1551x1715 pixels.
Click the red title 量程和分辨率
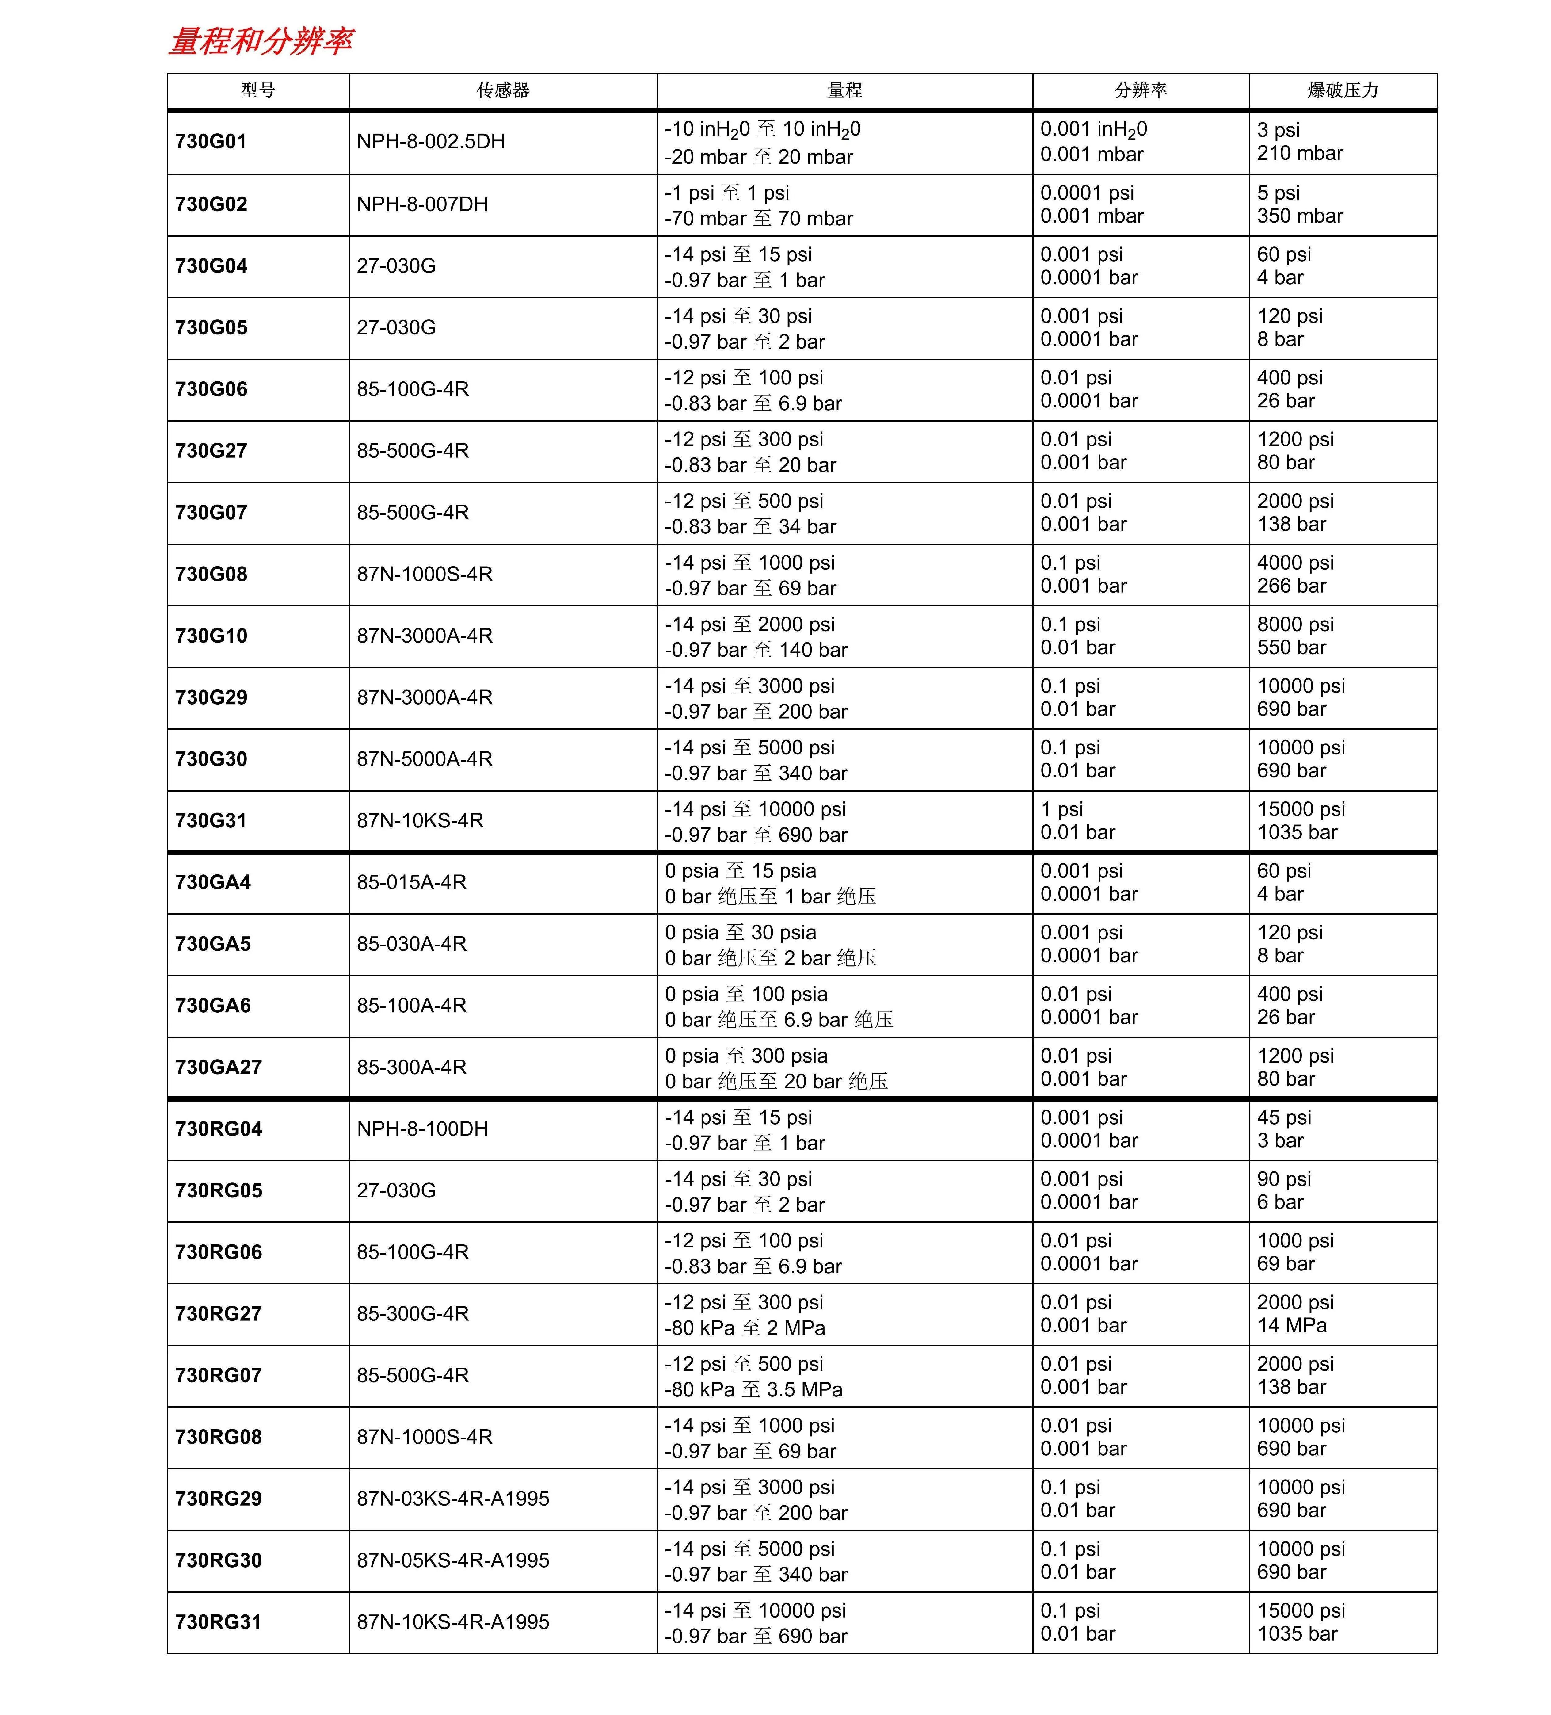(260, 41)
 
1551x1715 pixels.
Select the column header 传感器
(503, 90)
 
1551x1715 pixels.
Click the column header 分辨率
(1140, 90)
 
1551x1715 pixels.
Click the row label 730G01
(211, 142)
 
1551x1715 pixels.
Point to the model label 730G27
(211, 451)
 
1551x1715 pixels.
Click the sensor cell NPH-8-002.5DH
(430, 142)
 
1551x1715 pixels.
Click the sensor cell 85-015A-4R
(412, 882)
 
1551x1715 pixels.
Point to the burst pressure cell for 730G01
(1300, 142)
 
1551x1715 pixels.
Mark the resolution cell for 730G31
(1077, 821)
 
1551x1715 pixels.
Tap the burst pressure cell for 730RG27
(1295, 1313)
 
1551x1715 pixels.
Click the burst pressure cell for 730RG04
(1284, 1129)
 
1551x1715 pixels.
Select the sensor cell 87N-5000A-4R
(424, 759)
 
